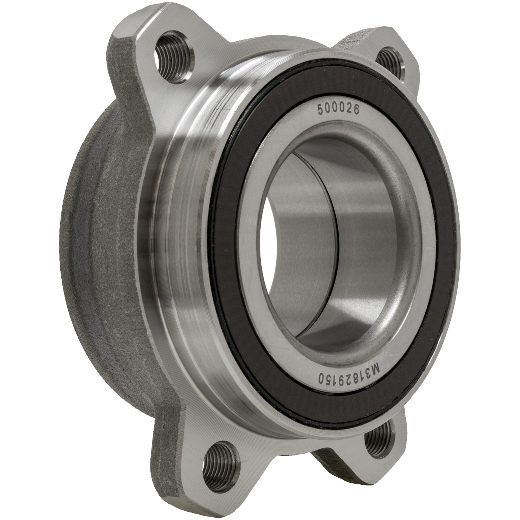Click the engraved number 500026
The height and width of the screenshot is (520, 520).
point(338,110)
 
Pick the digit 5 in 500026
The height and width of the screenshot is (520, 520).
point(321,110)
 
